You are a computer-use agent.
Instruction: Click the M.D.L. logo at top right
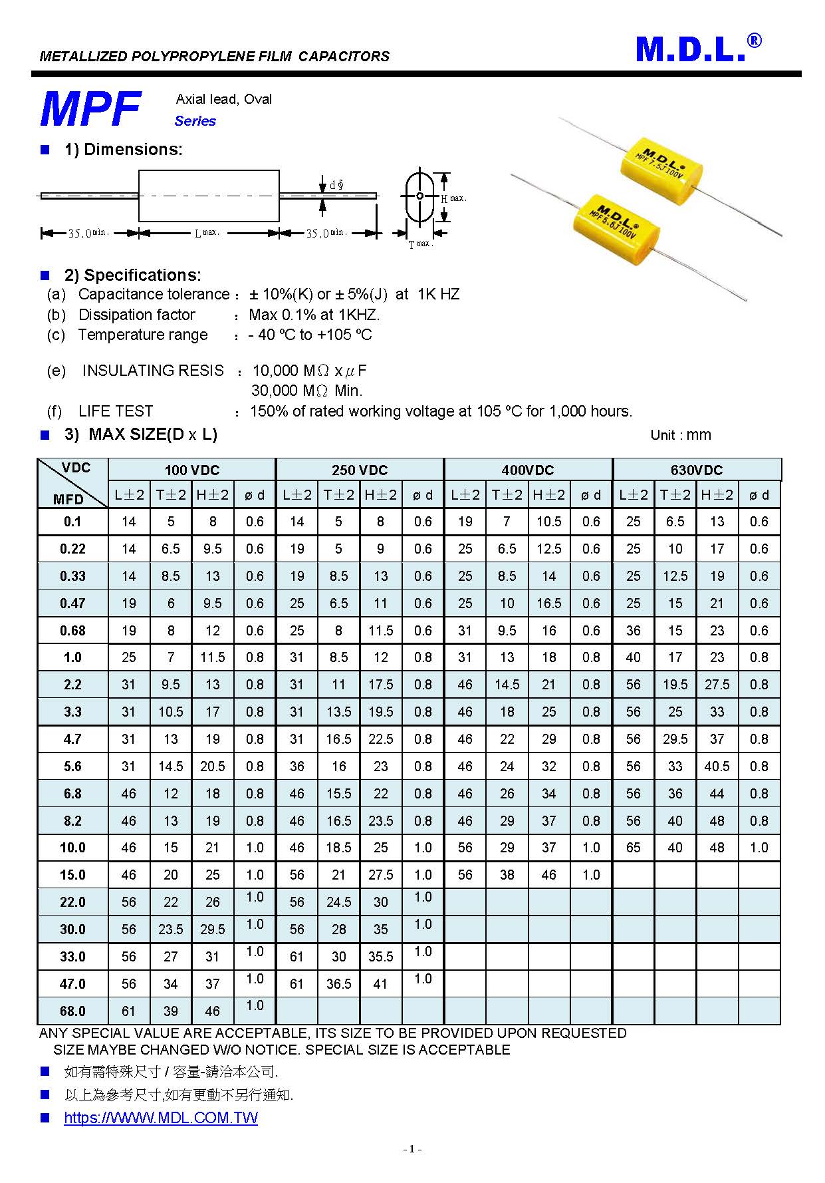coord(697,49)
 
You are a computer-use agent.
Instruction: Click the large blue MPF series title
coord(90,109)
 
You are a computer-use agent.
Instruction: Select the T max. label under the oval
coord(420,245)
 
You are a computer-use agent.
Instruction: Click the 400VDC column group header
coord(527,470)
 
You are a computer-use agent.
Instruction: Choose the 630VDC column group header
coord(696,470)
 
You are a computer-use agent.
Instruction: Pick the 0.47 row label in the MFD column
coord(72,603)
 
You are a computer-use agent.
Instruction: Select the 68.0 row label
coord(72,1011)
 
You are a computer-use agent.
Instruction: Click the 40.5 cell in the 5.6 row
coord(717,766)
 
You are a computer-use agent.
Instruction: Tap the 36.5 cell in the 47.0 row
coord(338,984)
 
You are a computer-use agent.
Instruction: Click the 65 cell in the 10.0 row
coord(633,848)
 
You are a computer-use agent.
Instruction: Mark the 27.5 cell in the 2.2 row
coord(717,685)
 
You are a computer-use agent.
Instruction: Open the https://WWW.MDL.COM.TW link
coord(161,1118)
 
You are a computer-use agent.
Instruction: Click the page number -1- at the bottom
coord(412,1149)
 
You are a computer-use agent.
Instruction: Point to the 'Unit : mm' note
coord(680,435)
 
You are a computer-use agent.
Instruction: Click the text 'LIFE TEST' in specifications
coord(116,411)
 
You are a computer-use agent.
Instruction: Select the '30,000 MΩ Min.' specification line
coord(306,391)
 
